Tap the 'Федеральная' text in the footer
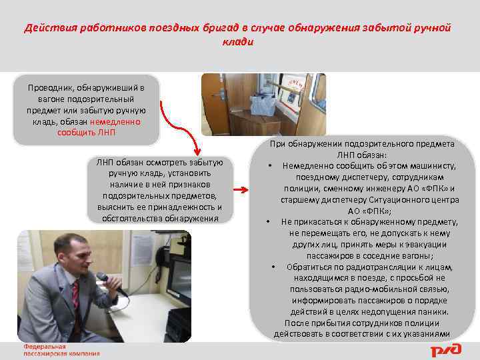45,347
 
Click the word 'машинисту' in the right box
428,165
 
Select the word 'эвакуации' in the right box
433,244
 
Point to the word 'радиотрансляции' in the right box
357,267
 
